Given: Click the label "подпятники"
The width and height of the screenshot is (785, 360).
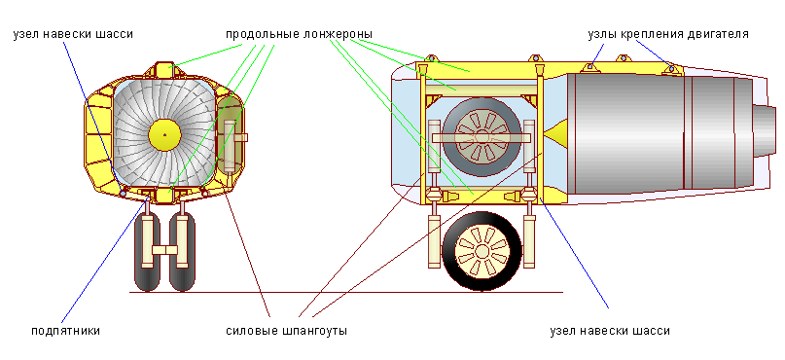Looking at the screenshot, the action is [x=65, y=331].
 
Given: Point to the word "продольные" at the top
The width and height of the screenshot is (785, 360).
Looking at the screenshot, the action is [x=261, y=33].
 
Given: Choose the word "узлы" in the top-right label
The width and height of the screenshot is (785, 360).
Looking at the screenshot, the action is [x=604, y=33].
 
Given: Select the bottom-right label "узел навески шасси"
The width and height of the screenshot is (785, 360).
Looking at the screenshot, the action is [x=610, y=331].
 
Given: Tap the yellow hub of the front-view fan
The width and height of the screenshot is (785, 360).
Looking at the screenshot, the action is [x=165, y=132].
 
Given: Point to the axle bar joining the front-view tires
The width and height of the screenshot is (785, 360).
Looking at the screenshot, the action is [x=166, y=250].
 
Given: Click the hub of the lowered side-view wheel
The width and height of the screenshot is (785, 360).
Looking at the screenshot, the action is [x=482, y=251].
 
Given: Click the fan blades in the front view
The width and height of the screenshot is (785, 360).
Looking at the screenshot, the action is [x=141, y=112].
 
